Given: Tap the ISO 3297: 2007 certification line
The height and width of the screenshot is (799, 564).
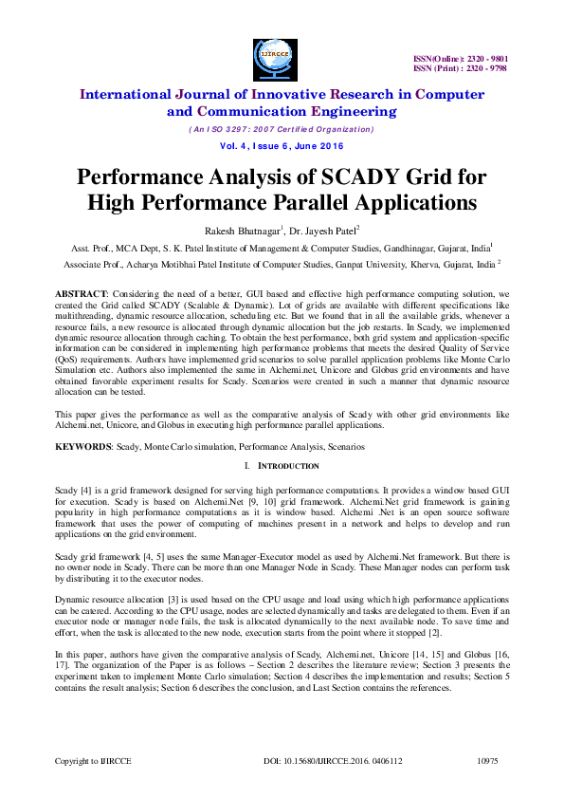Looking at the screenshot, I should coord(282,129).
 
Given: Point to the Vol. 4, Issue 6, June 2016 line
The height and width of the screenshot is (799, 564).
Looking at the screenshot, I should coord(282,146).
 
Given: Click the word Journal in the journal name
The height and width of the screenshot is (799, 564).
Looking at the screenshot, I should coord(197,93).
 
